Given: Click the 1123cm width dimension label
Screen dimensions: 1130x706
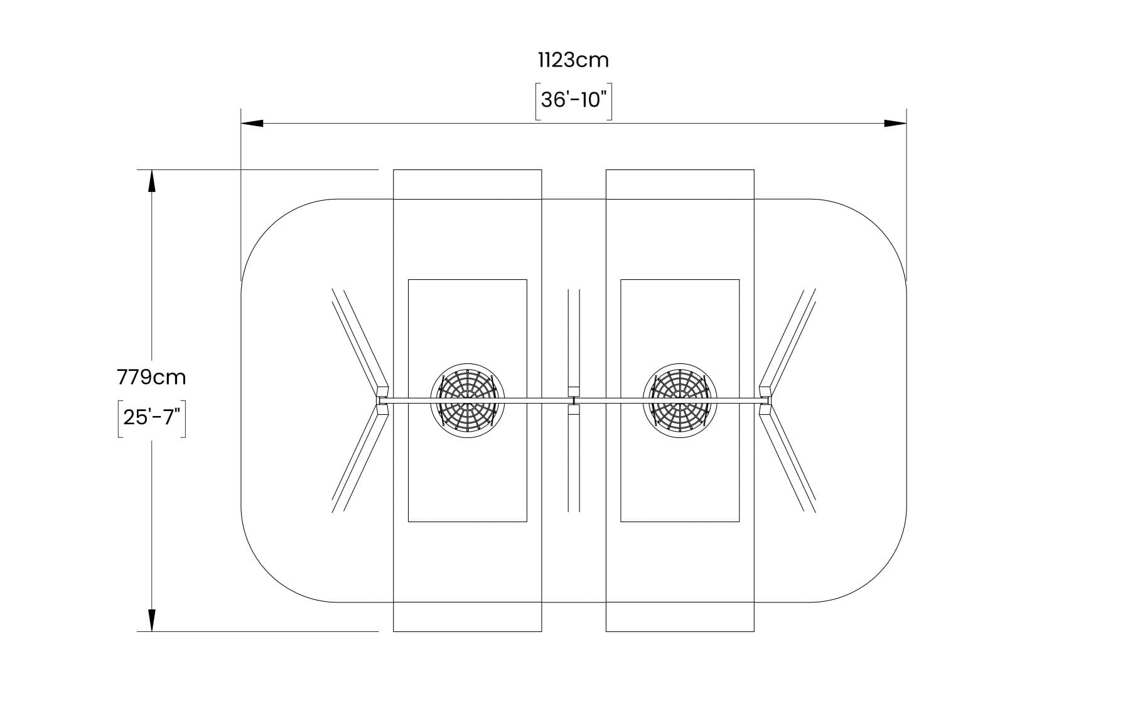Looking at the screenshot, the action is tap(573, 60).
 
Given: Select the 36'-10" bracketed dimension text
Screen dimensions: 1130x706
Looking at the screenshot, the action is tap(573, 100).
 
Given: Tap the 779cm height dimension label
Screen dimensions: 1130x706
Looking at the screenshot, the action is tap(151, 377).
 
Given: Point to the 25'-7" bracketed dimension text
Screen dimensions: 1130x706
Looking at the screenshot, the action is tap(151, 417).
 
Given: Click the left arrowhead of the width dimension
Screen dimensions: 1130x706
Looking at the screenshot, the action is tap(252, 123).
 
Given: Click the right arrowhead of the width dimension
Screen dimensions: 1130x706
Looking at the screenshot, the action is tap(896, 123).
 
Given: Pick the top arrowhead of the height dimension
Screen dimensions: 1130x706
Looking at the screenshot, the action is tap(151, 181).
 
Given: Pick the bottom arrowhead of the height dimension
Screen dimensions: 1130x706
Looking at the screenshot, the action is tap(151, 620).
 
